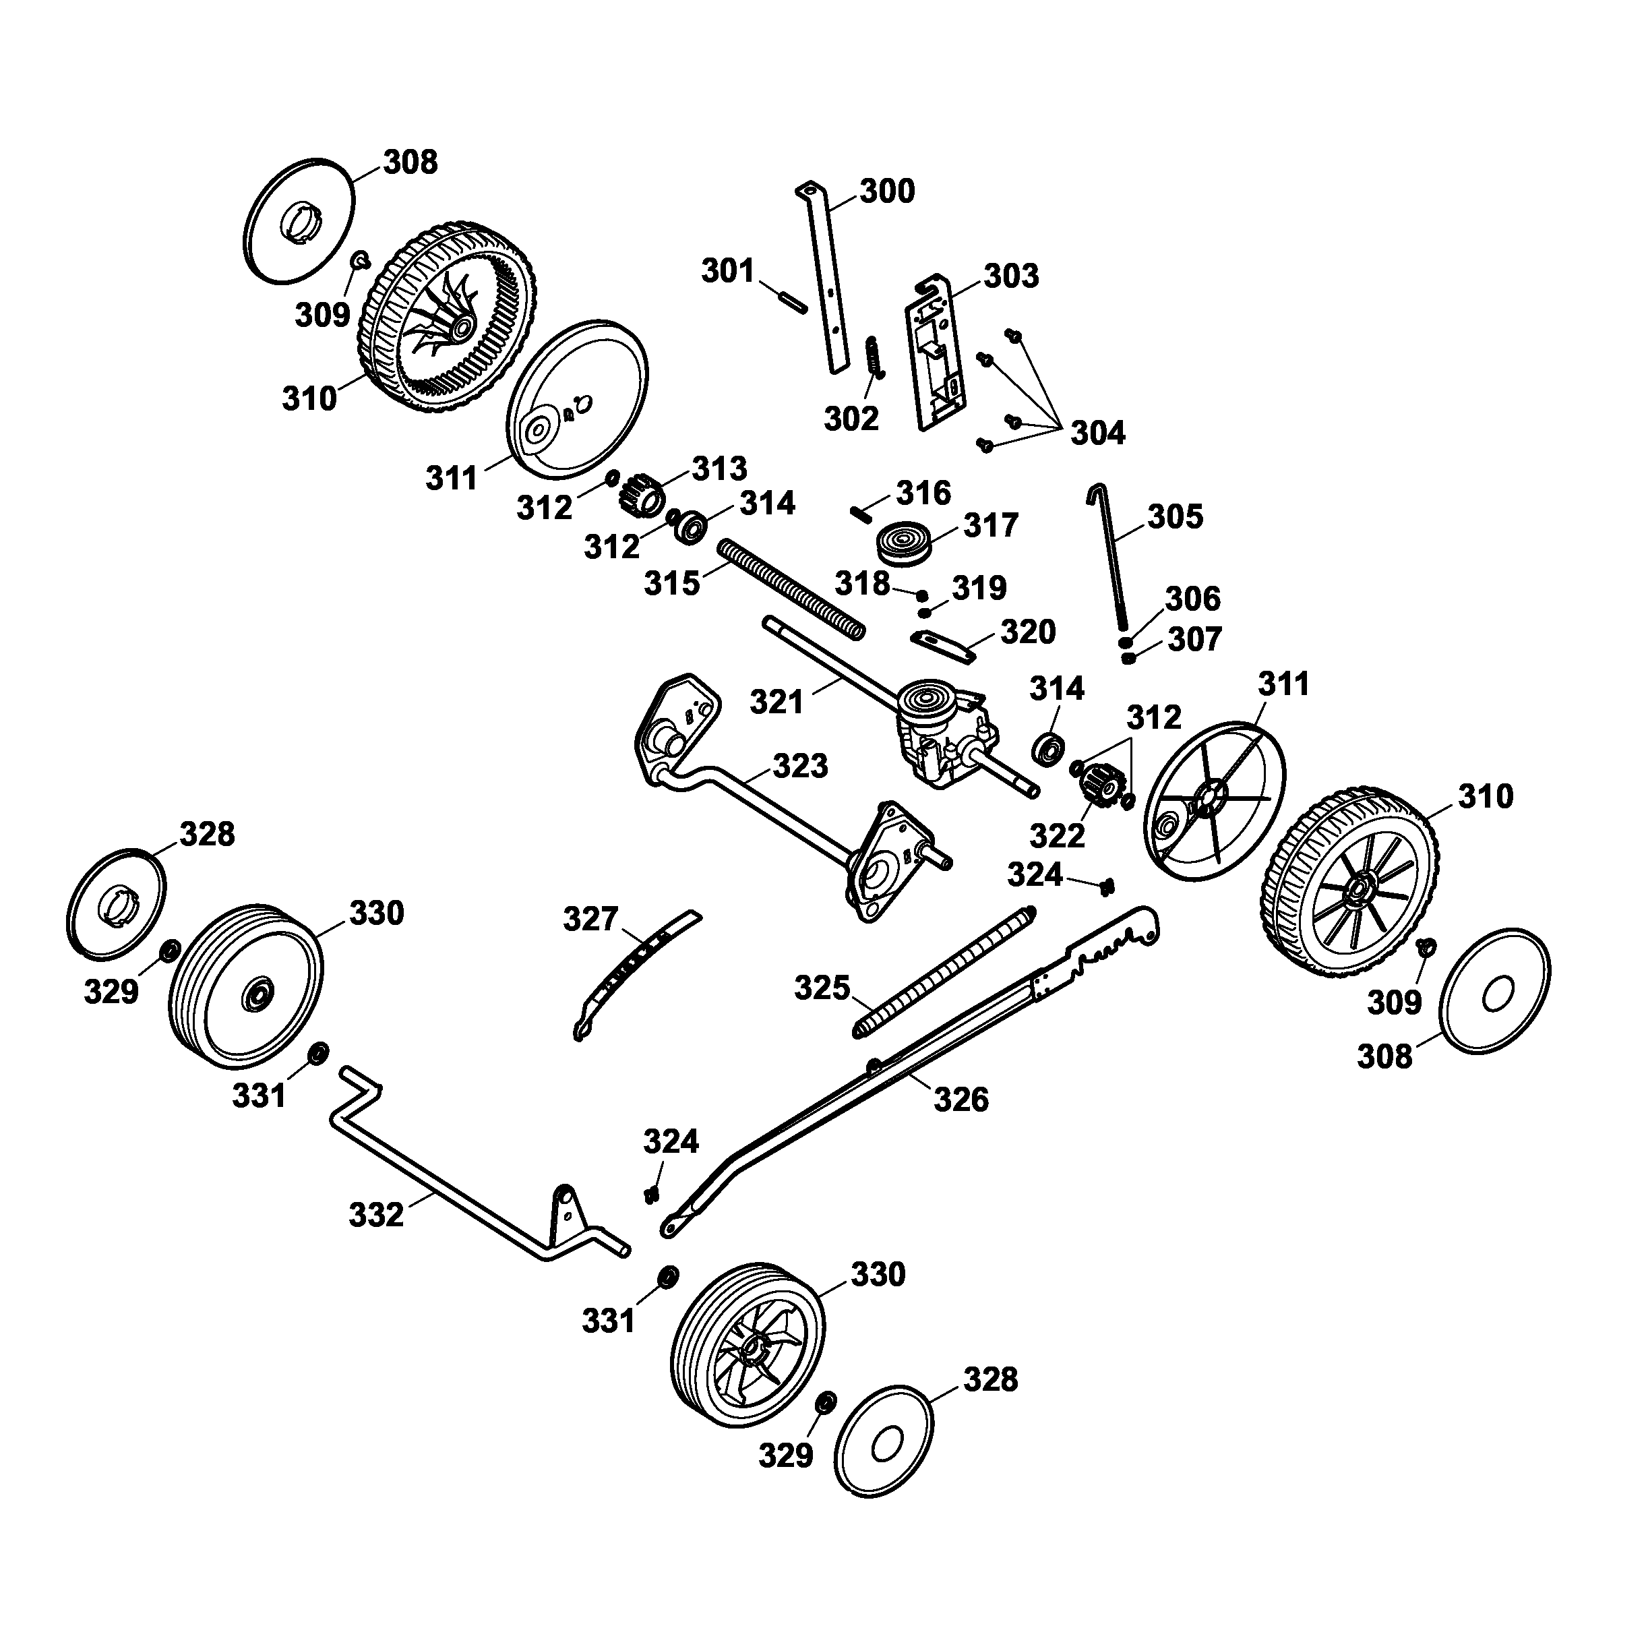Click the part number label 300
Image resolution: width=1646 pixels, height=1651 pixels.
coord(886,191)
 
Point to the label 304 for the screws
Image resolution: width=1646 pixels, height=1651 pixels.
coord(1097,433)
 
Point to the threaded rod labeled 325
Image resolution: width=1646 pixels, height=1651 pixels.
coord(944,973)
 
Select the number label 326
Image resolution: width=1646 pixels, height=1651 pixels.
coord(961,1100)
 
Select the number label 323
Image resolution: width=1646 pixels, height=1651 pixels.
coord(800,766)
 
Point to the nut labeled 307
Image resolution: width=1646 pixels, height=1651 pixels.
coord(1129,659)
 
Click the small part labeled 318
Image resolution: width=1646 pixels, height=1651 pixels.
coord(922,595)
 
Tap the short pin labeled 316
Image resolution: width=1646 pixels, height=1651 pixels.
coord(861,514)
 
